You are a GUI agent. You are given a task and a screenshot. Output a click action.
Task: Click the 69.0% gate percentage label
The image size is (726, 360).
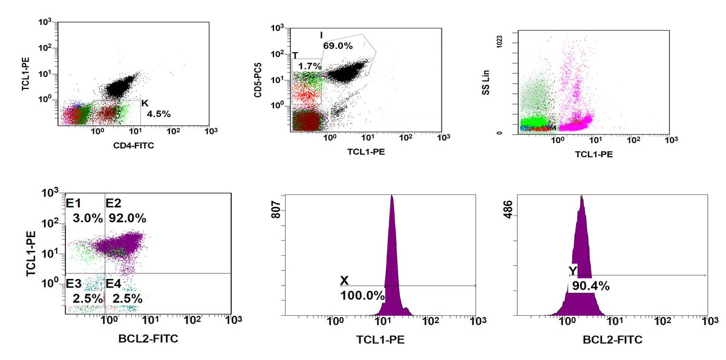338,45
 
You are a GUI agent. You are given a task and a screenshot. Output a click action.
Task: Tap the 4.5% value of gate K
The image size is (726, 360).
159,113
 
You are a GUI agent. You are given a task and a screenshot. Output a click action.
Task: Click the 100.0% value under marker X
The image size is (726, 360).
362,296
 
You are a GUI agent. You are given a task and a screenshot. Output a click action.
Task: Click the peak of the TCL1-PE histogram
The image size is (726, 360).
392,197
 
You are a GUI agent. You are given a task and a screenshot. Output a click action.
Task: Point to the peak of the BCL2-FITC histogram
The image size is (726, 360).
581,197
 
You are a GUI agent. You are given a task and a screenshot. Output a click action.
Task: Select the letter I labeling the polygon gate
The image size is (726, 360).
322,34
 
